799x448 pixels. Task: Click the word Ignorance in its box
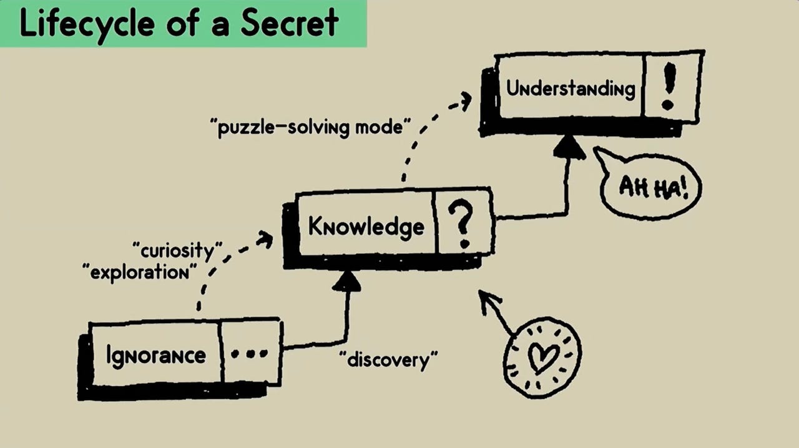pyautogui.click(x=155, y=355)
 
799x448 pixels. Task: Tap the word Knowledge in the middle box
pyautogui.click(x=366, y=226)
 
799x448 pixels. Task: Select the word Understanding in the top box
pyautogui.click(x=570, y=88)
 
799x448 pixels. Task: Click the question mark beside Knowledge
pyautogui.click(x=463, y=224)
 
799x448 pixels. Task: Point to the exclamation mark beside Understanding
pyautogui.click(x=669, y=88)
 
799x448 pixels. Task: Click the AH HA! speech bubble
pyautogui.click(x=652, y=186)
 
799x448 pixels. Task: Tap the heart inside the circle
pyautogui.click(x=542, y=357)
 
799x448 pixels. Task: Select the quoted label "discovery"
pyautogui.click(x=388, y=360)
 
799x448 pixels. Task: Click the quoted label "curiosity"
pyautogui.click(x=178, y=250)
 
